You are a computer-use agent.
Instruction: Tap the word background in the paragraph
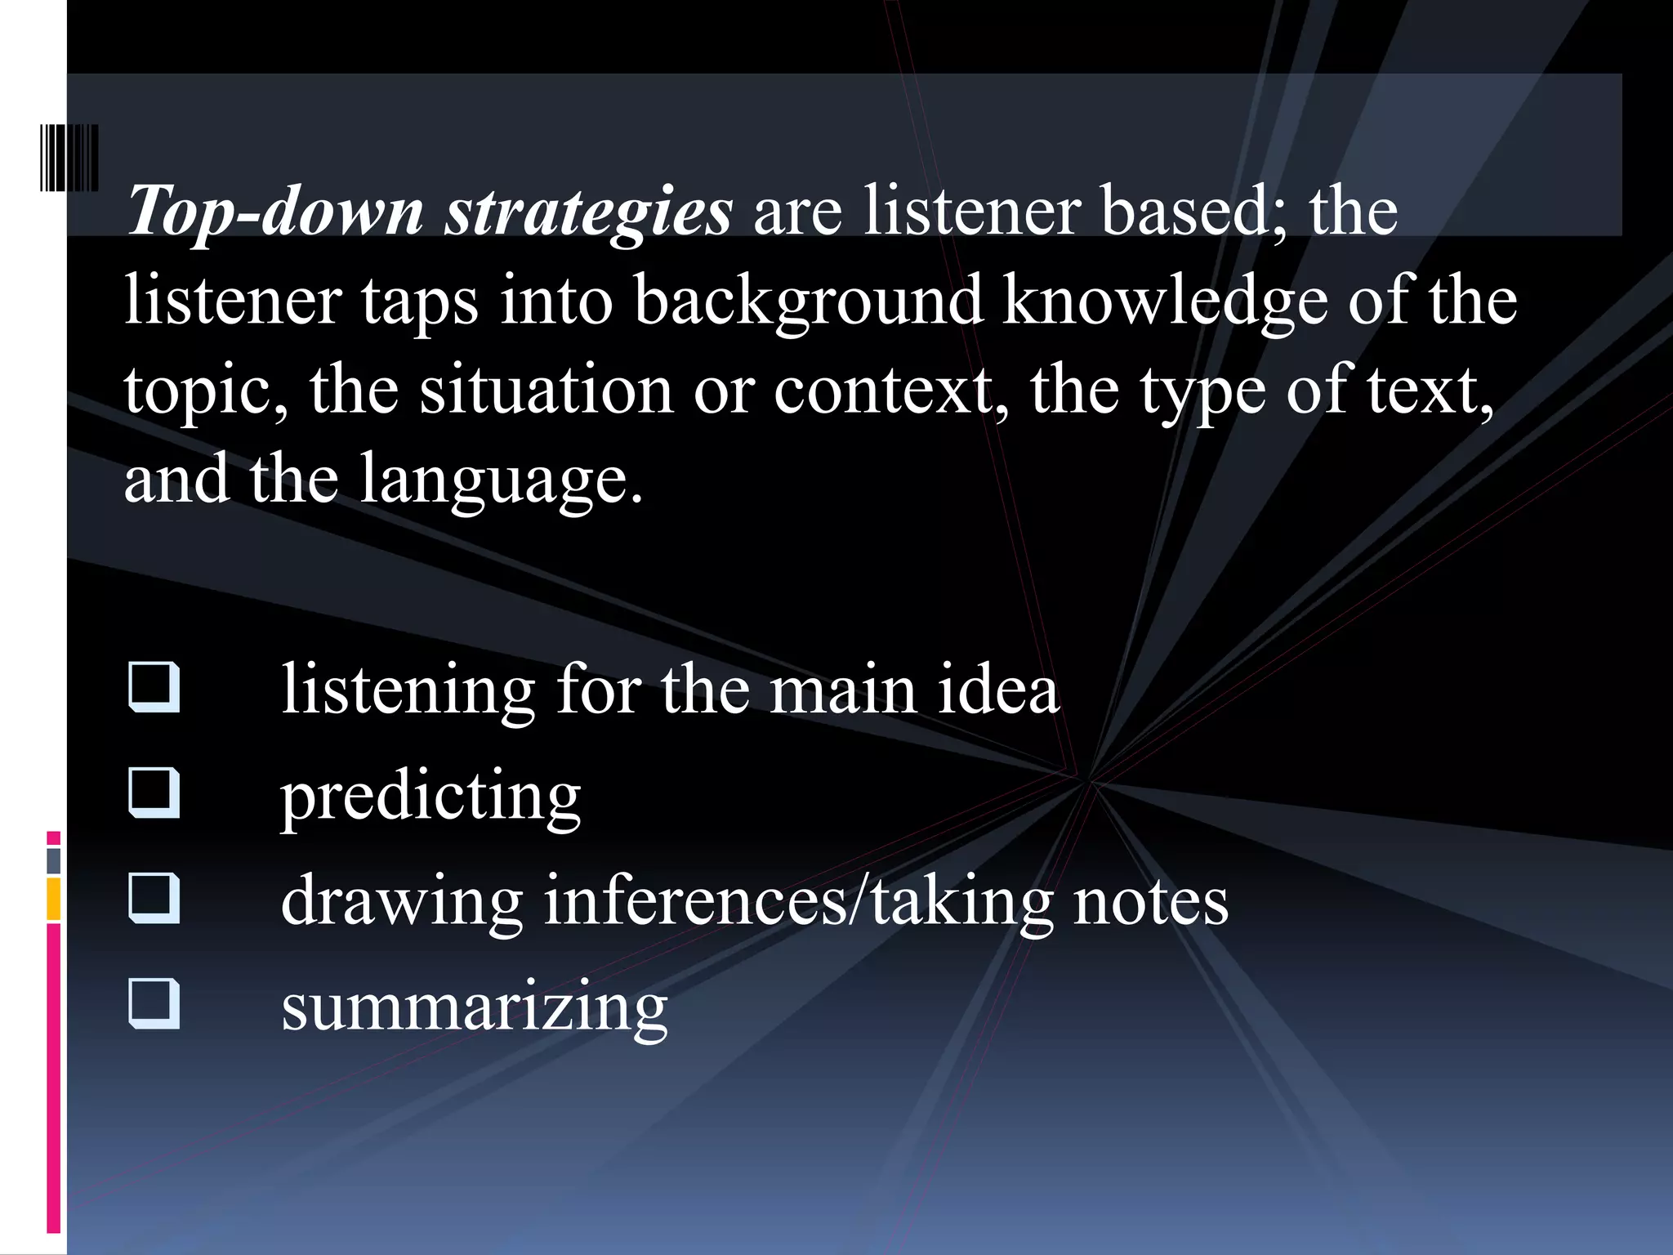click(x=808, y=301)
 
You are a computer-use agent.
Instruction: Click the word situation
click(x=547, y=390)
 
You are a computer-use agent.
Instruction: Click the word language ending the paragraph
click(x=500, y=480)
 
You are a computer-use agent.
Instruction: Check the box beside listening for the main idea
click(x=154, y=688)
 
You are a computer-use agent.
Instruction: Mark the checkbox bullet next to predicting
click(x=154, y=793)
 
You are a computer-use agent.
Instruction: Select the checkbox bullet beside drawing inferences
click(x=154, y=898)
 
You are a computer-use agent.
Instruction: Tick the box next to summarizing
click(x=154, y=1003)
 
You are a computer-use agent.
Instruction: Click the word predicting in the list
click(x=431, y=796)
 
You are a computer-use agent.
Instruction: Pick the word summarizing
click(x=474, y=1007)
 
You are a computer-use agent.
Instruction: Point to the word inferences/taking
click(x=798, y=901)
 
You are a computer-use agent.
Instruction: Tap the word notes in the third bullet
click(x=1150, y=901)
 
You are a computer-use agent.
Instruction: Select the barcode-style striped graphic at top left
click(x=69, y=158)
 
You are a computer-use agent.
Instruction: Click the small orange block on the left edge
click(x=54, y=898)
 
